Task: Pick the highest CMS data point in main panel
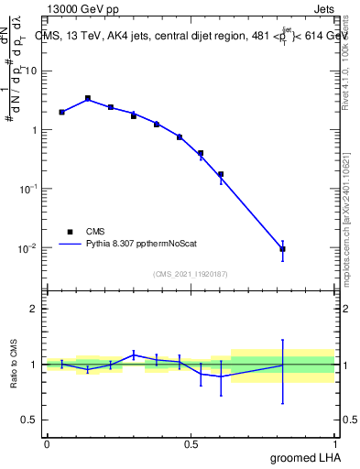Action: [x=88, y=98]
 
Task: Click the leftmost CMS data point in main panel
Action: [x=61, y=112]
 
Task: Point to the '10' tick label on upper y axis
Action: [x=33, y=71]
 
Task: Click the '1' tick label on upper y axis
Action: [x=36, y=130]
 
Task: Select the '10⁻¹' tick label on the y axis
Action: [x=30, y=189]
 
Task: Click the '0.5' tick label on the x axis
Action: [x=191, y=443]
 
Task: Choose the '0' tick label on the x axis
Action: [x=47, y=443]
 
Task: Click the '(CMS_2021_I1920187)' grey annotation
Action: [x=190, y=272]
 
